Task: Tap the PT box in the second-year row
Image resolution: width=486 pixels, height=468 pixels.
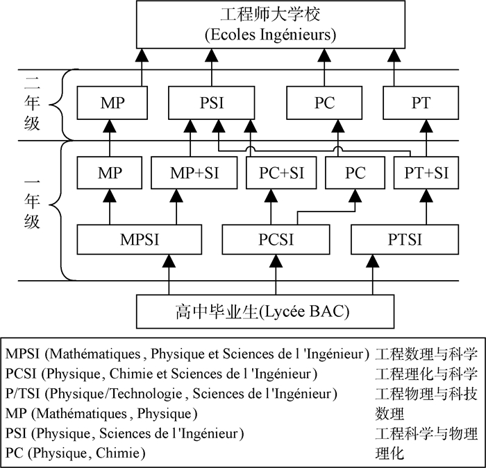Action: point(420,104)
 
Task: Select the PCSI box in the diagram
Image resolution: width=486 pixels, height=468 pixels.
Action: point(276,240)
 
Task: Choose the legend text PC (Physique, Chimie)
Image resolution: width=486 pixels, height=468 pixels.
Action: point(75,453)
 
